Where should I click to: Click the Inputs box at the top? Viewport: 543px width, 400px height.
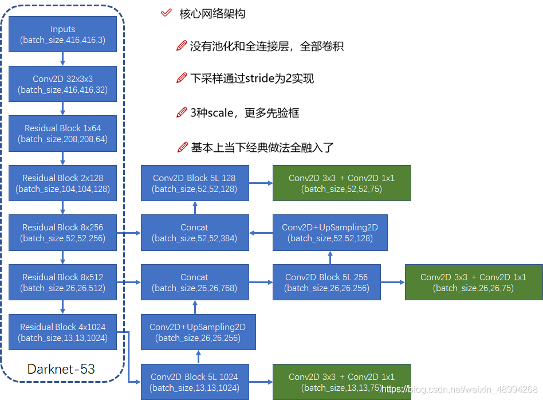(62, 34)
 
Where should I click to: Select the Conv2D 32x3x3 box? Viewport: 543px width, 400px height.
(62, 84)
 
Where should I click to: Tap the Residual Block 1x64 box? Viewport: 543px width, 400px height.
(62, 134)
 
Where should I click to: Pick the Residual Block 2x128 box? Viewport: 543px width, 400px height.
(62, 183)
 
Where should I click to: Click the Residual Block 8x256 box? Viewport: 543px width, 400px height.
(62, 233)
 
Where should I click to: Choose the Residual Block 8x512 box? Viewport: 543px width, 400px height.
(62, 283)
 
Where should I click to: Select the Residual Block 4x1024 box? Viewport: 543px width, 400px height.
(62, 332)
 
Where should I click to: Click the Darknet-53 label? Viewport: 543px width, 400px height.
(61, 369)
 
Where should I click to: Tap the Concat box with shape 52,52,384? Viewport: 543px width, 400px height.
(195, 233)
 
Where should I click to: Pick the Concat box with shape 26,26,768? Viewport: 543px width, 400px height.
(195, 283)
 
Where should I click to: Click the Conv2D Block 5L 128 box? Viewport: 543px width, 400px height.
(195, 183)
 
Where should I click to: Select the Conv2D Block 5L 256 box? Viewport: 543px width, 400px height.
(326, 283)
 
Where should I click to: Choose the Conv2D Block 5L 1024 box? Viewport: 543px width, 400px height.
(195, 382)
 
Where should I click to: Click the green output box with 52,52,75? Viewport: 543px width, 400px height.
(341, 183)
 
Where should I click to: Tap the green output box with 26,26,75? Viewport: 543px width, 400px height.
(473, 283)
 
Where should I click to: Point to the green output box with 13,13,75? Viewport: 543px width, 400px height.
(341, 382)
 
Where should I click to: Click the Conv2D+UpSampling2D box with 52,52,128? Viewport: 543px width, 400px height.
(330, 233)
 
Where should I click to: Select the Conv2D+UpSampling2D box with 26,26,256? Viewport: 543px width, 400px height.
(198, 332)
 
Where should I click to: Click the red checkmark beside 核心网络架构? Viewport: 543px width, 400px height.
(166, 13)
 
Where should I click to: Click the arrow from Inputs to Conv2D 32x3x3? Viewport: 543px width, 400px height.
(62, 59)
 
